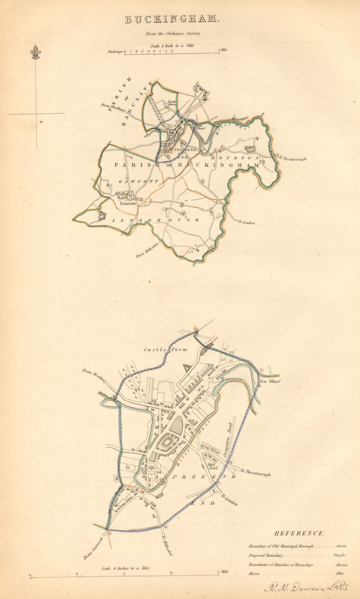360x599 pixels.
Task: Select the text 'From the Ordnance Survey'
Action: coord(173,33)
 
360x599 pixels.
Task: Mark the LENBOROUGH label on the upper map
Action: coord(155,220)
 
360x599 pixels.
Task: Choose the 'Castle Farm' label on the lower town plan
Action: coord(166,350)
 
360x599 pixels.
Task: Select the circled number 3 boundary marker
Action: coord(196,329)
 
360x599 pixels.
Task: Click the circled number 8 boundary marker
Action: coord(231,463)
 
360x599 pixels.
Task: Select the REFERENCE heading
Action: coord(299,533)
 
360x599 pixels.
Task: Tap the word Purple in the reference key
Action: coord(339,555)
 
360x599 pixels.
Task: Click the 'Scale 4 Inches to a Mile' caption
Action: coord(125,568)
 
